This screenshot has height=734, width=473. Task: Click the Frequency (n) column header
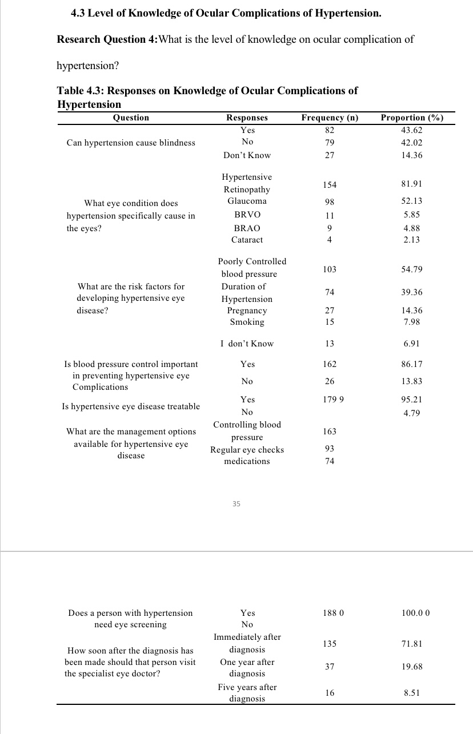click(x=330, y=118)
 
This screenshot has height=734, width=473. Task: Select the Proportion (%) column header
click(x=412, y=118)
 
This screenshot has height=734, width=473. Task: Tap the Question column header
click(x=131, y=118)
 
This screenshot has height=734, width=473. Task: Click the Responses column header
click(x=247, y=118)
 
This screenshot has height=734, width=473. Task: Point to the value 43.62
click(x=412, y=130)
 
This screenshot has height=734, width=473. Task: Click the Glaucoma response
click(x=247, y=201)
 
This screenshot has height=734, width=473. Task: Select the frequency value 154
click(x=330, y=184)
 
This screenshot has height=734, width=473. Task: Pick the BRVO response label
click(x=247, y=215)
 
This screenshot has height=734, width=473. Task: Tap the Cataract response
click(x=247, y=240)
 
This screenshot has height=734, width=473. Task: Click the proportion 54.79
click(x=412, y=269)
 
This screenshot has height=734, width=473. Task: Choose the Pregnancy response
click(x=247, y=310)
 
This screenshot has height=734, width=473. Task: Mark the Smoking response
click(x=247, y=322)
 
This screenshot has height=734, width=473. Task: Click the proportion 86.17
click(x=412, y=364)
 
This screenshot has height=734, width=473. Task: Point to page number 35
click(x=236, y=504)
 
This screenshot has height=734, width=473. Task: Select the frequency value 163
click(x=330, y=431)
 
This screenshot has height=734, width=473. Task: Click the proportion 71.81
click(x=412, y=644)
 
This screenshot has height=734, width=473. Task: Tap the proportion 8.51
click(x=412, y=693)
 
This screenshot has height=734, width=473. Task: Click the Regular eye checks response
click(x=247, y=450)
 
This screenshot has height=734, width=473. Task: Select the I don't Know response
click(x=247, y=344)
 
